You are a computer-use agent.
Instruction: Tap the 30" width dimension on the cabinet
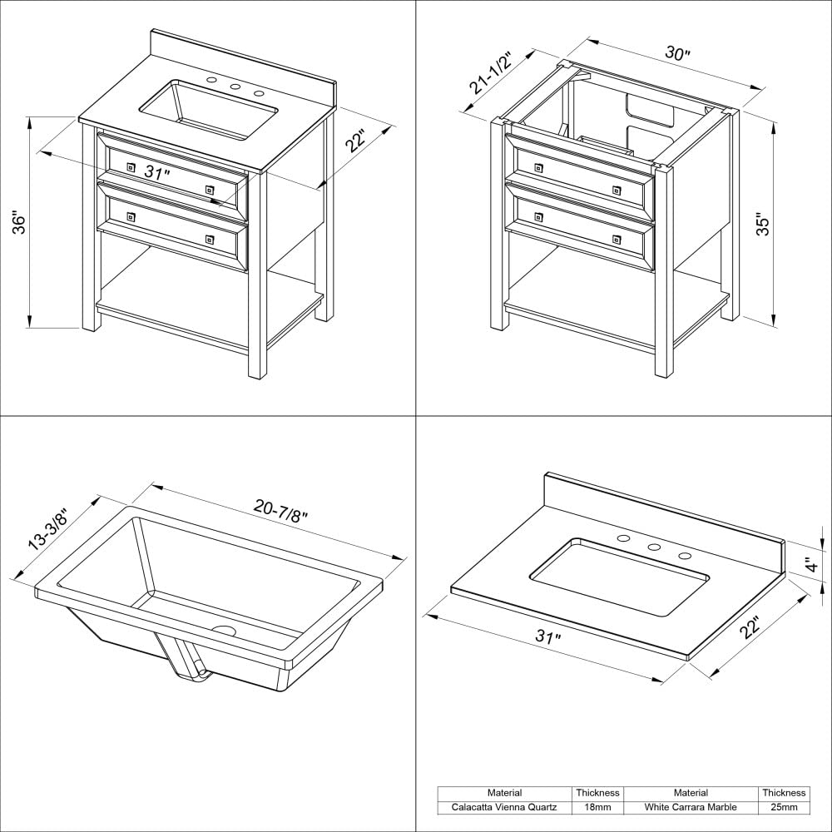(x=678, y=54)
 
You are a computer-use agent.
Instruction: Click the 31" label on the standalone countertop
(x=548, y=637)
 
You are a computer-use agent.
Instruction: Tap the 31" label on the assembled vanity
(x=156, y=173)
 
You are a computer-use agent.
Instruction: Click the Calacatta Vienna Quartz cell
(x=505, y=807)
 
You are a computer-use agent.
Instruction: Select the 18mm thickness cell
(x=597, y=807)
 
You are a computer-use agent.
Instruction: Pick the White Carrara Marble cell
(x=691, y=807)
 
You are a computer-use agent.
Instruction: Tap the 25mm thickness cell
(x=784, y=807)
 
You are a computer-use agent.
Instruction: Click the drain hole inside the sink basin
(x=224, y=631)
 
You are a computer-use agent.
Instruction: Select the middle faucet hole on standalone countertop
(x=654, y=547)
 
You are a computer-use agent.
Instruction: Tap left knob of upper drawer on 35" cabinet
(x=537, y=168)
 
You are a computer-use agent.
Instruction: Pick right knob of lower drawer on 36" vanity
(x=209, y=240)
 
